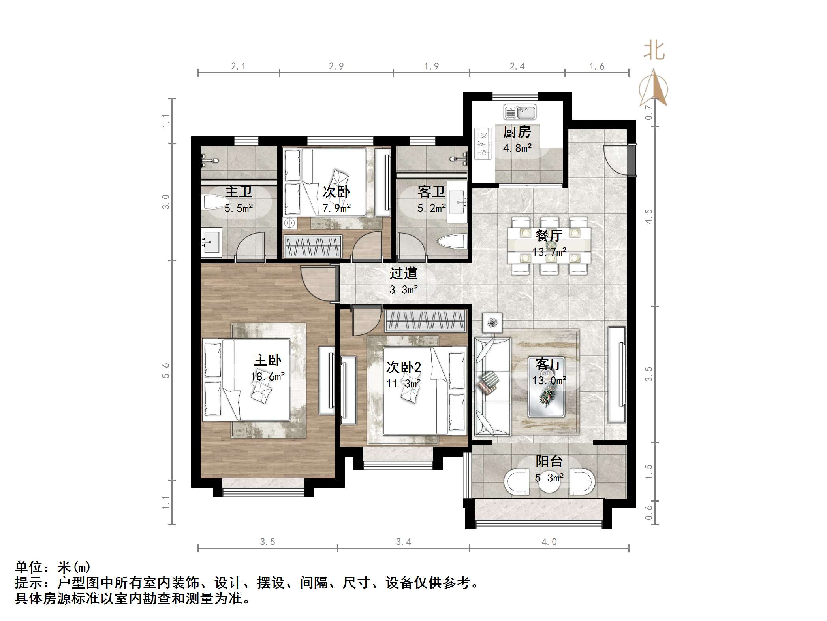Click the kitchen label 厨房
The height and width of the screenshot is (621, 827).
point(517,132)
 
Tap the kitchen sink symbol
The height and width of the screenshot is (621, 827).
point(520,112)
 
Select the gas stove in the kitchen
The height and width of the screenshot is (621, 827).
point(483,143)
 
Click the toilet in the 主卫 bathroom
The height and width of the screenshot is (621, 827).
point(213,203)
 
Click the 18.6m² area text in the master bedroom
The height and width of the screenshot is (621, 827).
point(268,376)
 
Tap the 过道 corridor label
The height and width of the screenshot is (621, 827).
point(403,273)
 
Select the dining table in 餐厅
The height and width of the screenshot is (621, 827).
point(549,245)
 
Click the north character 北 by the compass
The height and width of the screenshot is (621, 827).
point(654,51)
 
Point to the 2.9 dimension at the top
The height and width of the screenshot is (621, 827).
point(336,66)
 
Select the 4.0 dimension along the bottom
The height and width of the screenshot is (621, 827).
point(549,542)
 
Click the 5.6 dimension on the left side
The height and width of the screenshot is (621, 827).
point(165,370)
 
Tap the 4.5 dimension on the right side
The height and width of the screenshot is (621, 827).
point(648,217)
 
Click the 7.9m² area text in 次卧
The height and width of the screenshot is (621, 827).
point(336,208)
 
